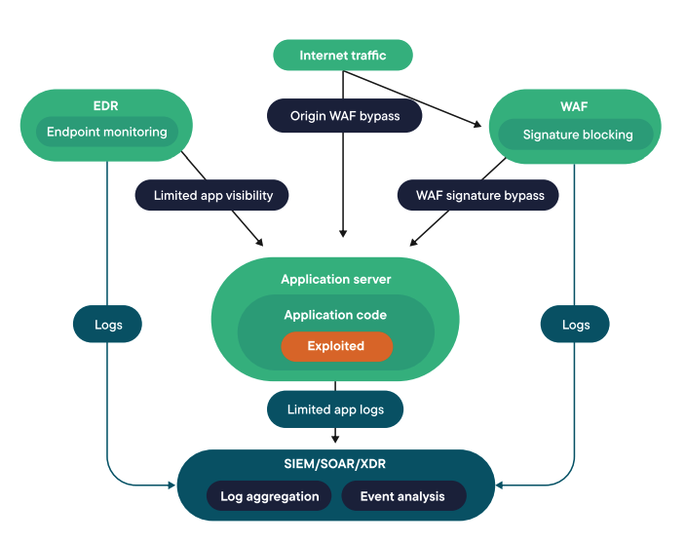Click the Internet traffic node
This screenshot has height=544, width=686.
click(342, 56)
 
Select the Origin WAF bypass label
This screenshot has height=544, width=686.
click(344, 116)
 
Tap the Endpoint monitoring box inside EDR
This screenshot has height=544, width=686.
click(107, 132)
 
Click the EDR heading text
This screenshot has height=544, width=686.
click(107, 103)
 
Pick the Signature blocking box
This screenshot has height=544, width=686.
click(577, 135)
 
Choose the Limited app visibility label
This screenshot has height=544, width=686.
click(212, 195)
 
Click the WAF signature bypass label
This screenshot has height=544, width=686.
click(478, 195)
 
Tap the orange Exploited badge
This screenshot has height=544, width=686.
click(336, 346)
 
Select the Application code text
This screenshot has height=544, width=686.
click(335, 315)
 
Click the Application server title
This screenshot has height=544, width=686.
click(335, 279)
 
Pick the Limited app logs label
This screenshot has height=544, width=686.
click(335, 409)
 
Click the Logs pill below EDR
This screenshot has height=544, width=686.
click(108, 325)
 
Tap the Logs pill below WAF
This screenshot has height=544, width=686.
click(575, 325)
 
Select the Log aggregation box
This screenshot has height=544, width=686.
click(269, 496)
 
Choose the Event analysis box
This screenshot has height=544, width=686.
click(402, 496)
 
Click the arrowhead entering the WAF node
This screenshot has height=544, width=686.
click(477, 124)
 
